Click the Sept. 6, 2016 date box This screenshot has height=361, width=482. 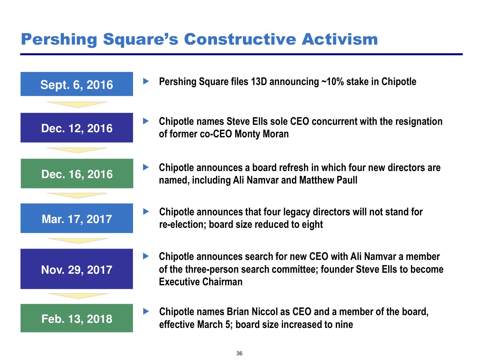(76, 84)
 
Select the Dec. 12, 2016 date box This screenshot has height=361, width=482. (76, 128)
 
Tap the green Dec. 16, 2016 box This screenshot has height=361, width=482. (77, 173)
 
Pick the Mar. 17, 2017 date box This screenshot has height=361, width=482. (76, 218)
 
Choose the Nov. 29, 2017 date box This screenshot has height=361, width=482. (76, 269)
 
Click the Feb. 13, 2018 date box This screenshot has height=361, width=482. (76, 318)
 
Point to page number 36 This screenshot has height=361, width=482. (239, 353)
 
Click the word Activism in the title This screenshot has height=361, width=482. (340, 39)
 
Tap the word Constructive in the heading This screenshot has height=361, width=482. (240, 39)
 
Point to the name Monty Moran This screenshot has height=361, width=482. (262, 134)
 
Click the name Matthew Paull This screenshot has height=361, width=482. (328, 180)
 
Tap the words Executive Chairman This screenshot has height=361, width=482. (201, 282)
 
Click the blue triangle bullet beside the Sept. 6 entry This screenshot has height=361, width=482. (146, 81)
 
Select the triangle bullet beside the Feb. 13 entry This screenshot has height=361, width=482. (146, 311)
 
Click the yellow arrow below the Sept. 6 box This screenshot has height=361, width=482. (77, 105)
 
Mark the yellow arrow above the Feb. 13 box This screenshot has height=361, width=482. (78, 296)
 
